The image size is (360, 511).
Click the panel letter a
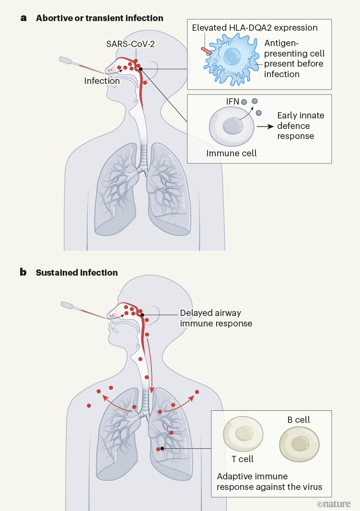tap(23, 18)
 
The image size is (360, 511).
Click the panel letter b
tap(23, 272)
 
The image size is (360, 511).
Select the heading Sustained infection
tap(77, 273)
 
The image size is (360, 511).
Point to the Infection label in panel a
tap(102, 81)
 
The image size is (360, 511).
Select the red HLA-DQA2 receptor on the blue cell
tap(206, 50)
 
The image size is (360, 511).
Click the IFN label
tap(232, 102)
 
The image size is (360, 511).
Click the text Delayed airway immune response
tap(216, 318)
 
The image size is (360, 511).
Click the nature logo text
tap(334, 503)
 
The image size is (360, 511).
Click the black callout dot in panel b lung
tap(163, 448)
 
